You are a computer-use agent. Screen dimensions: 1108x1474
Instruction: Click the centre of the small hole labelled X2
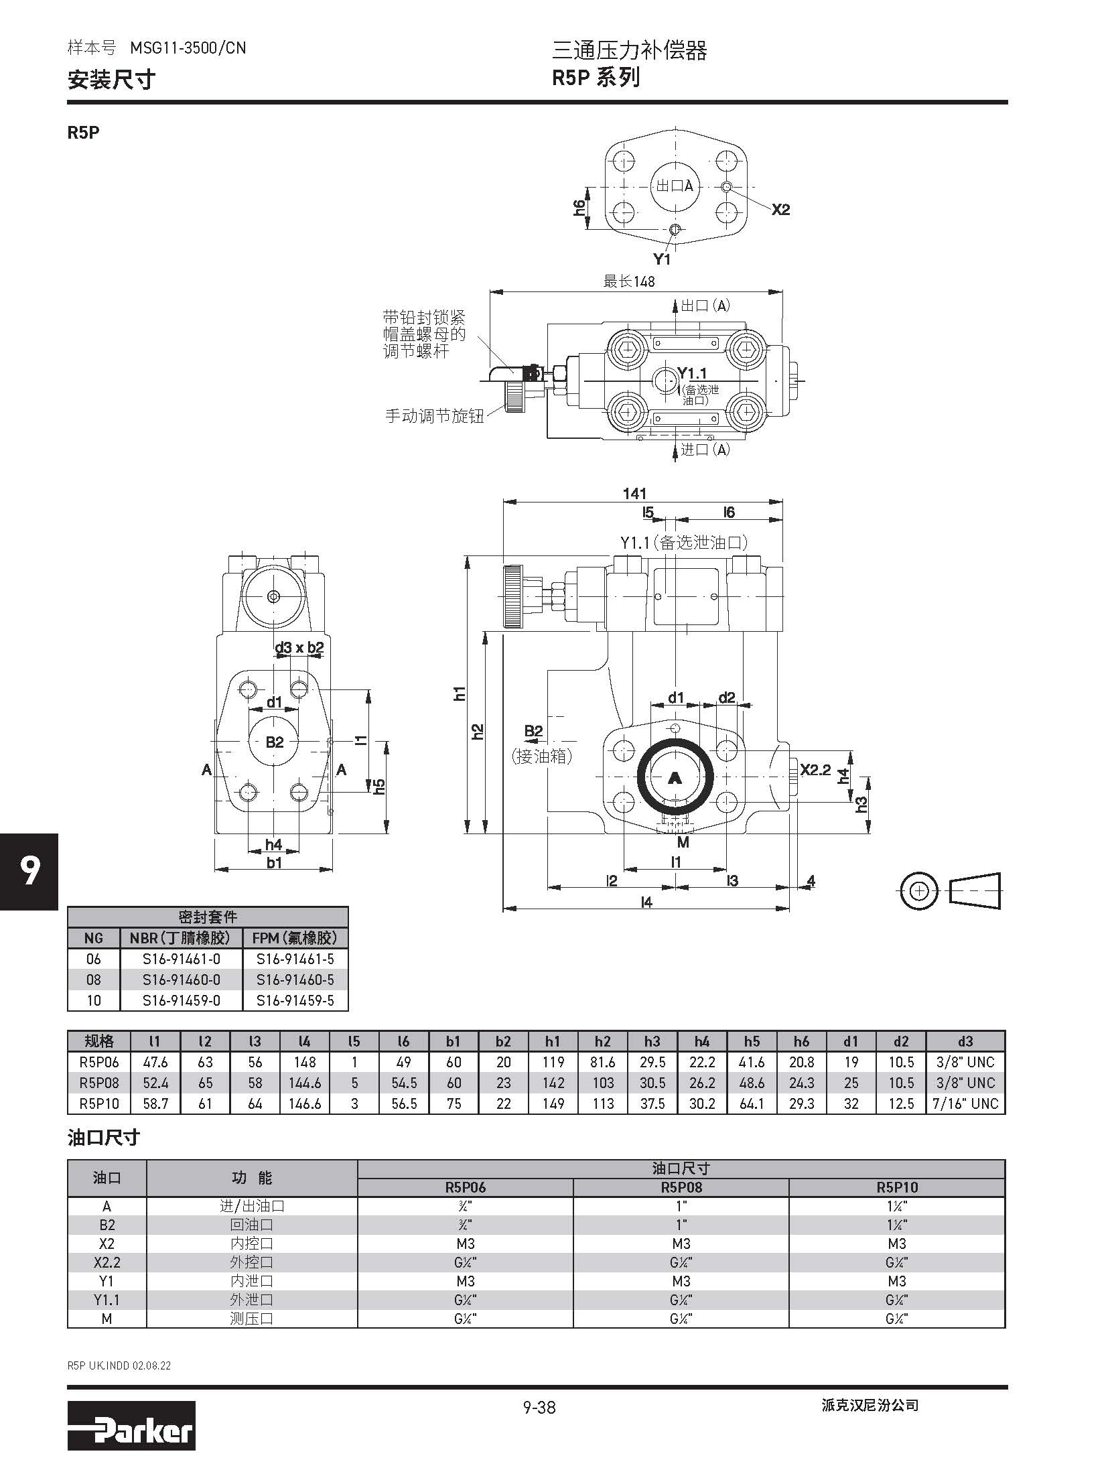(727, 186)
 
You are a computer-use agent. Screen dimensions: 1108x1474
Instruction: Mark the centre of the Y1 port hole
(675, 230)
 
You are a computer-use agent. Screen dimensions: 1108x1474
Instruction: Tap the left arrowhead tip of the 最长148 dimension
(490, 291)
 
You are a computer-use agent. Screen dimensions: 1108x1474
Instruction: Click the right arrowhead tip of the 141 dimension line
(783, 501)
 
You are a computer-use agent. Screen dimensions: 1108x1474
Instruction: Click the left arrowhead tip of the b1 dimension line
(214, 870)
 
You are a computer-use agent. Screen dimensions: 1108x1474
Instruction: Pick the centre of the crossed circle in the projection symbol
(920, 891)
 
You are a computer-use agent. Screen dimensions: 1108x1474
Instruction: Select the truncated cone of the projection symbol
(975, 891)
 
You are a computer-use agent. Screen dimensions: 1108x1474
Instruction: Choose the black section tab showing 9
(29, 872)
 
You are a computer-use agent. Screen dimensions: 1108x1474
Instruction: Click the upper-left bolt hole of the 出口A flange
(624, 161)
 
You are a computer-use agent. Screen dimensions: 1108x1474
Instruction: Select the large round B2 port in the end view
(275, 742)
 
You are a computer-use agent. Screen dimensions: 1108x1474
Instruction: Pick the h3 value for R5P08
(652, 1083)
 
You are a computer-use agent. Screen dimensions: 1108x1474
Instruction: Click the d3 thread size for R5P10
(965, 1103)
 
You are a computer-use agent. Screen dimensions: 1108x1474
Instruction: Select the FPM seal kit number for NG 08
(295, 980)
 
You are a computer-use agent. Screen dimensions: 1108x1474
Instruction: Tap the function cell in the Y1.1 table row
(252, 1300)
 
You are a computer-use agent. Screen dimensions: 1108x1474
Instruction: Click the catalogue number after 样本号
(188, 48)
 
